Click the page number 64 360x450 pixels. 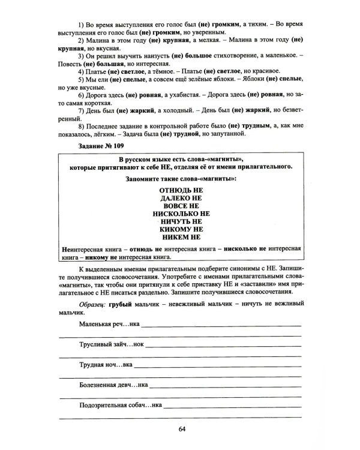click(x=182, y=428)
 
